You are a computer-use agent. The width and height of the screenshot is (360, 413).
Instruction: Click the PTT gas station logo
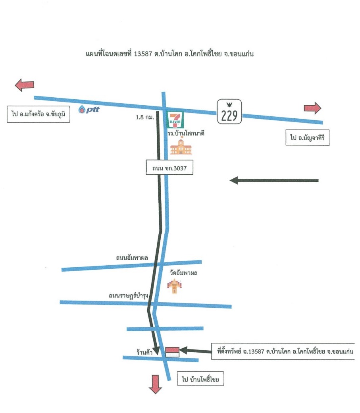89,109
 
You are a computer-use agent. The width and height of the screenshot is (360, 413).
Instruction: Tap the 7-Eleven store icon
175,120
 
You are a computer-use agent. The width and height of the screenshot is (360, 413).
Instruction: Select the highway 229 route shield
229,112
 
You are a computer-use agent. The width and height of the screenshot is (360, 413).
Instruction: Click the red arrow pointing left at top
25,85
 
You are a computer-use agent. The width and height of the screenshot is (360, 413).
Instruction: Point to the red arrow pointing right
313,108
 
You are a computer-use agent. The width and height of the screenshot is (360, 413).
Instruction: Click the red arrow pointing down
155,384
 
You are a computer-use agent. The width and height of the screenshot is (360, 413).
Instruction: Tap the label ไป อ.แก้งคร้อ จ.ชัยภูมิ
38,114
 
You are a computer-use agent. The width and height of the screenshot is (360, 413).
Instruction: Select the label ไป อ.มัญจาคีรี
307,137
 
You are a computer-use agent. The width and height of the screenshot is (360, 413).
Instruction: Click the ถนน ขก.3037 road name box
169,167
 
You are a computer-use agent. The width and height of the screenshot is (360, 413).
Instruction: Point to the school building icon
181,147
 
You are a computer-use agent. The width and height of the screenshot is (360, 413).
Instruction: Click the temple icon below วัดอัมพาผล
175,286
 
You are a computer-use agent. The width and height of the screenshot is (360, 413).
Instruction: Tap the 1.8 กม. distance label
145,118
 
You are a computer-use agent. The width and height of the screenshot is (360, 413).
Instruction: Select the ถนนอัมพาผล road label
132,258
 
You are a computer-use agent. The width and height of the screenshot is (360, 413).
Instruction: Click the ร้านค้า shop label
144,352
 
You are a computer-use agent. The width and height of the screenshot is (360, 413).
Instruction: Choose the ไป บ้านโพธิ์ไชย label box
200,379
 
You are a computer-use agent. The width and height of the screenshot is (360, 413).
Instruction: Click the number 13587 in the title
143,54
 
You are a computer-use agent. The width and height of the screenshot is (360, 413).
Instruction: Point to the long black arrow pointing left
274,180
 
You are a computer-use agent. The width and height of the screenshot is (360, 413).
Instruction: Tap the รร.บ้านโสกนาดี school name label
186,133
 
